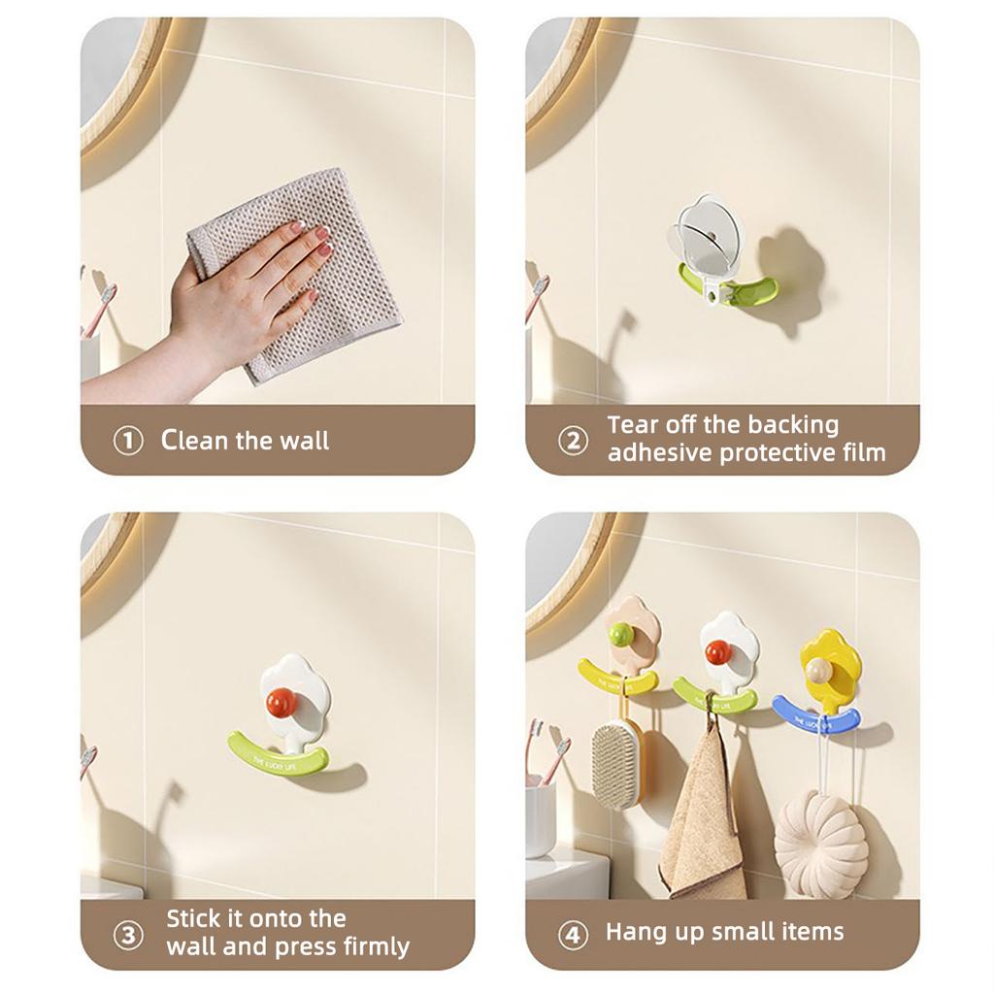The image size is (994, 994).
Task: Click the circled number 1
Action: pos(128,441)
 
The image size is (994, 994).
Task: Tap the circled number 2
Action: pos(573,441)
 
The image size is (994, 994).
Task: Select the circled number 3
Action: pos(128,935)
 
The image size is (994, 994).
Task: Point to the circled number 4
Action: pos(573,935)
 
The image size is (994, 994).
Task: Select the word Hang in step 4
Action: pos(634,932)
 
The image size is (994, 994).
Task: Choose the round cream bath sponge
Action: pos(821,843)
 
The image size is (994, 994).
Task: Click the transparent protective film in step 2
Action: pos(707,235)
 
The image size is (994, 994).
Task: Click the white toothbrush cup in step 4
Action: pos(540,820)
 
